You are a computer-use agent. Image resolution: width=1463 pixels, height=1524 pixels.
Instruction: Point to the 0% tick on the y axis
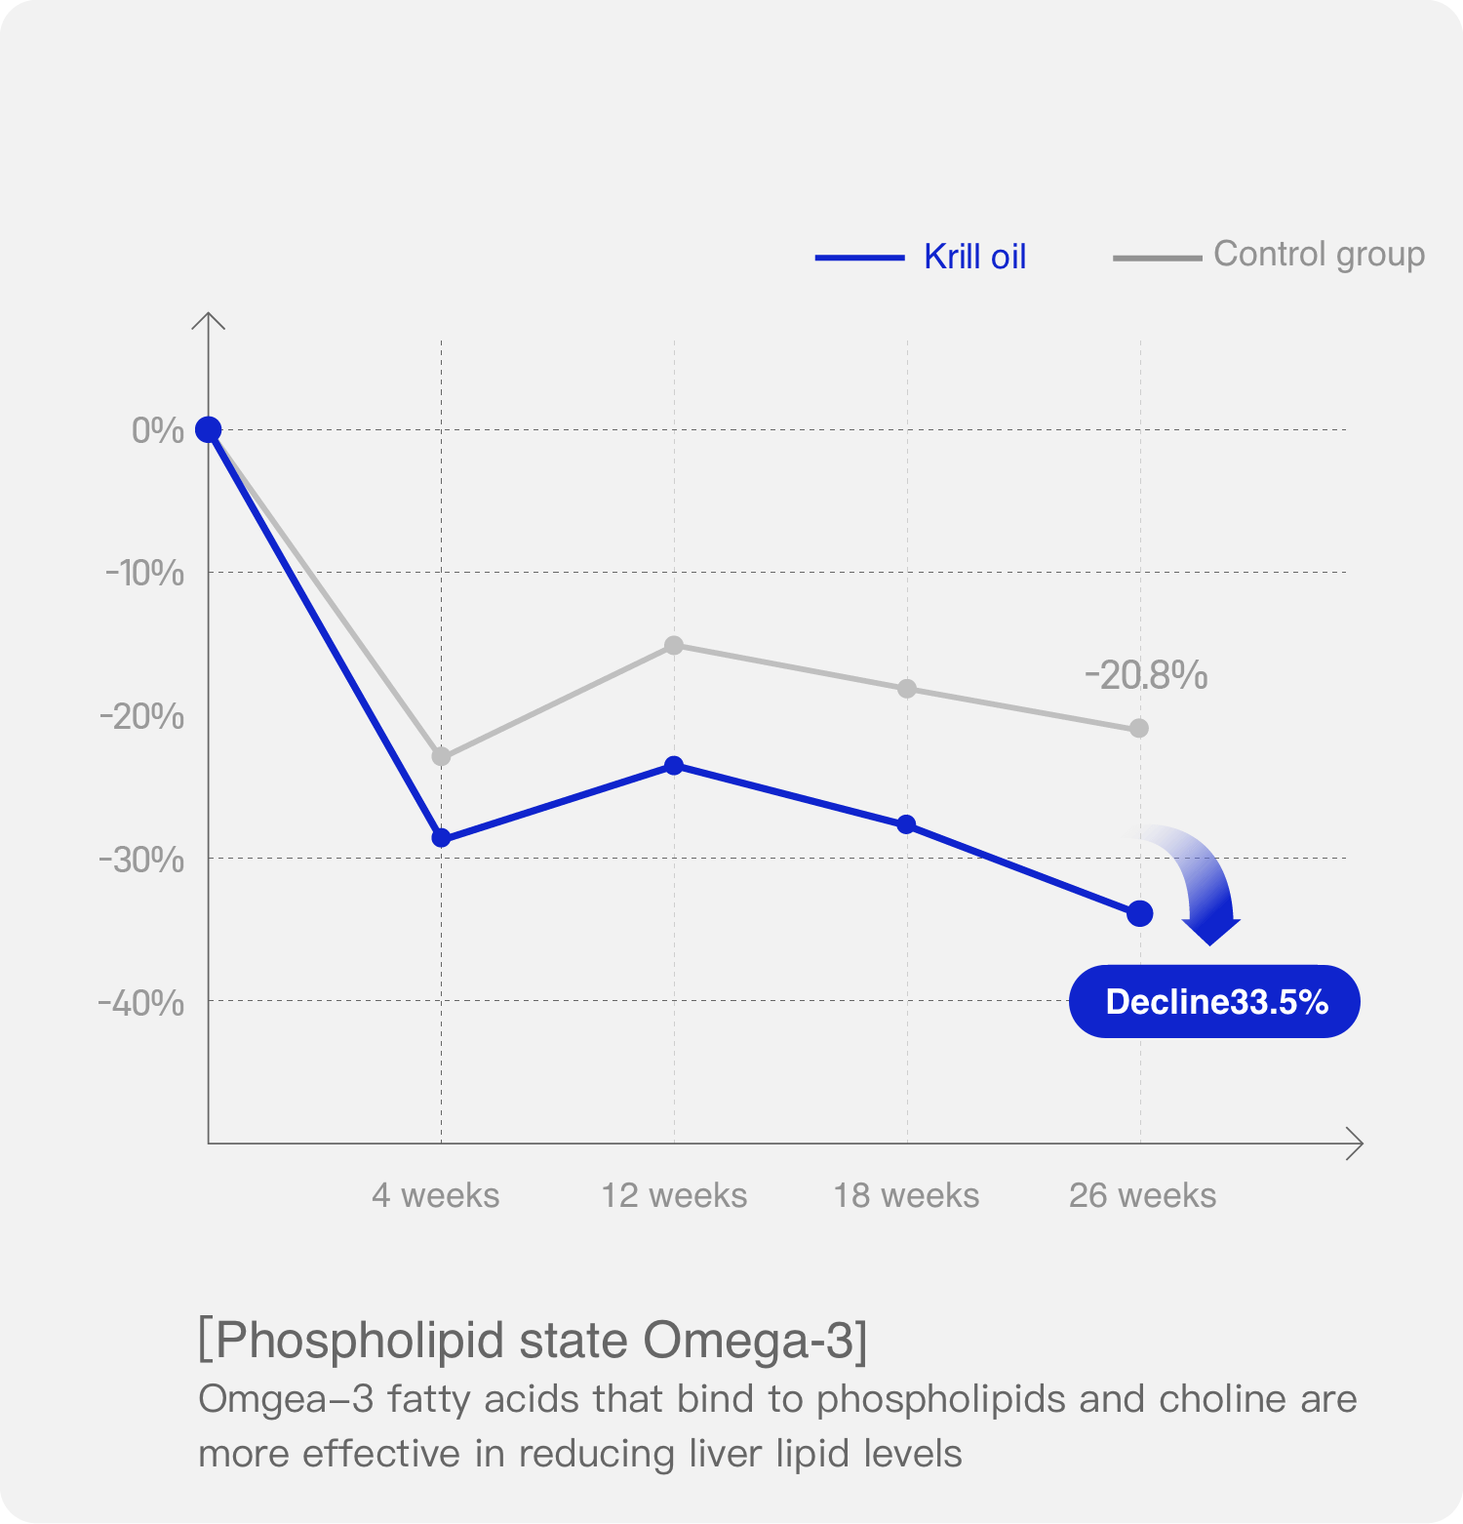(158, 430)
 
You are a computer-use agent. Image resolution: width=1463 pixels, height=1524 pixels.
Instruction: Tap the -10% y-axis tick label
(144, 573)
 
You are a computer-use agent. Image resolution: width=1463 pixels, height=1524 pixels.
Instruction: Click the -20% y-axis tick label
(142, 716)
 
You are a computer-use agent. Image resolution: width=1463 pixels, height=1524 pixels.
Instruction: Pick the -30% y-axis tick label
(142, 860)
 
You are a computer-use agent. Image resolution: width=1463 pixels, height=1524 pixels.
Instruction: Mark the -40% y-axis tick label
(142, 1002)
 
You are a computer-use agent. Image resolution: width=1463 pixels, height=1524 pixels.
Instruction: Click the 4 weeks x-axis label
(435, 1195)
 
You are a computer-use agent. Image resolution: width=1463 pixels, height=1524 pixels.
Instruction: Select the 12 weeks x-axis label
(674, 1195)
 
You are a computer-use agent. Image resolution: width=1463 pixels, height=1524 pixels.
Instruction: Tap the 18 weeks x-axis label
(906, 1195)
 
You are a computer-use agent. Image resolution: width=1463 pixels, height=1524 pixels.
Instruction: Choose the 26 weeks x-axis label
(1142, 1195)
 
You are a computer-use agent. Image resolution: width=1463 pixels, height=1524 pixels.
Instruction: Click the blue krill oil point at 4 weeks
(441, 838)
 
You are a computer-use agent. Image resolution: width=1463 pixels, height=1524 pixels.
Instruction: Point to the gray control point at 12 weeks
(674, 645)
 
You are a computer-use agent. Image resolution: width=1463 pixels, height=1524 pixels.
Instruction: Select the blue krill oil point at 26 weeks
(1139, 914)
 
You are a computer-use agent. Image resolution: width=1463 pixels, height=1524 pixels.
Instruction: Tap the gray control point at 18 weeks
(907, 689)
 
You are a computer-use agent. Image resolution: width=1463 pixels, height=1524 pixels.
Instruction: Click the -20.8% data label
(1146, 675)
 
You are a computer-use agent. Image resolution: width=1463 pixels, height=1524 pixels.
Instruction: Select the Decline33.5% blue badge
(1214, 1002)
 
